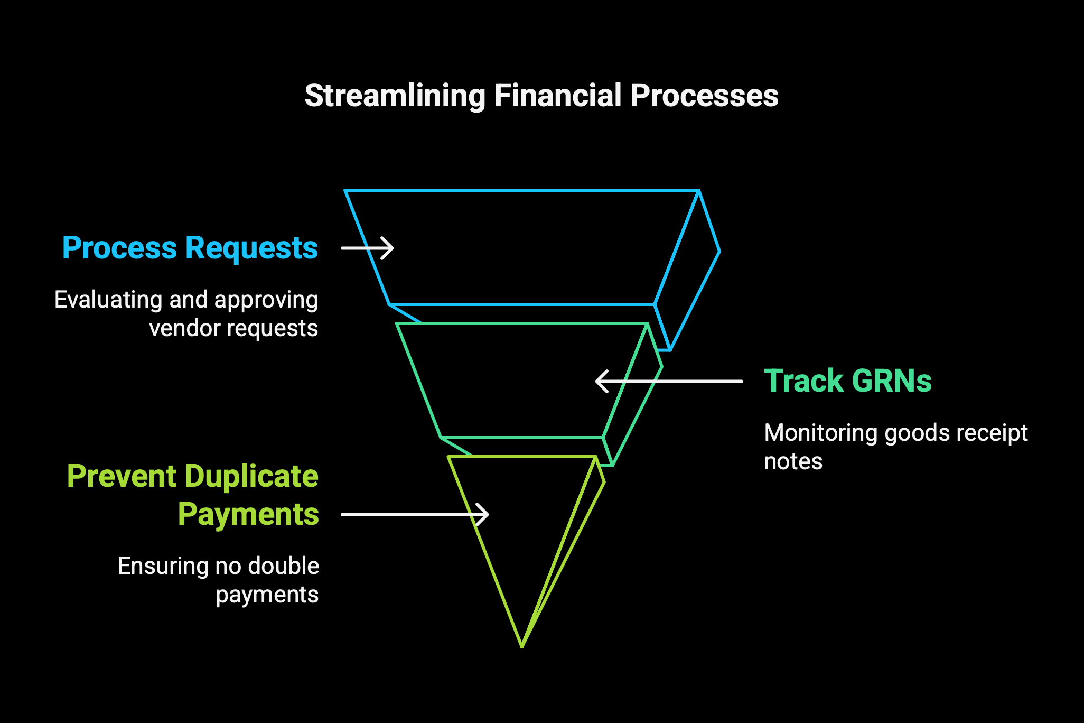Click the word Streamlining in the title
(395, 96)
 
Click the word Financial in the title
(557, 96)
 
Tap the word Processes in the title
(704, 96)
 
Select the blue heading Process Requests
(190, 248)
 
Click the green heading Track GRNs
(848, 381)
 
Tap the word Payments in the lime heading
(248, 515)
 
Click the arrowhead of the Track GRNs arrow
(602, 381)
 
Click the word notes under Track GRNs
(793, 461)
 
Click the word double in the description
(284, 566)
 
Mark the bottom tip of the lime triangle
(522, 646)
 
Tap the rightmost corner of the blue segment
(719, 251)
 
